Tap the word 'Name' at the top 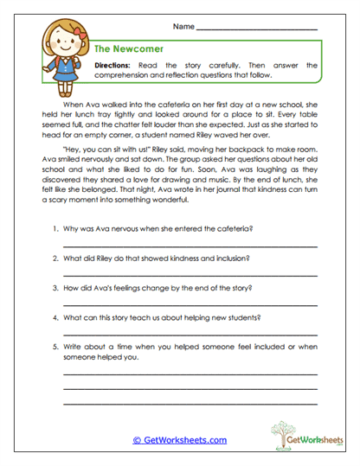click(183, 28)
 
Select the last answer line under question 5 click(190, 402)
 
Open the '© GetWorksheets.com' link click(179, 440)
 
